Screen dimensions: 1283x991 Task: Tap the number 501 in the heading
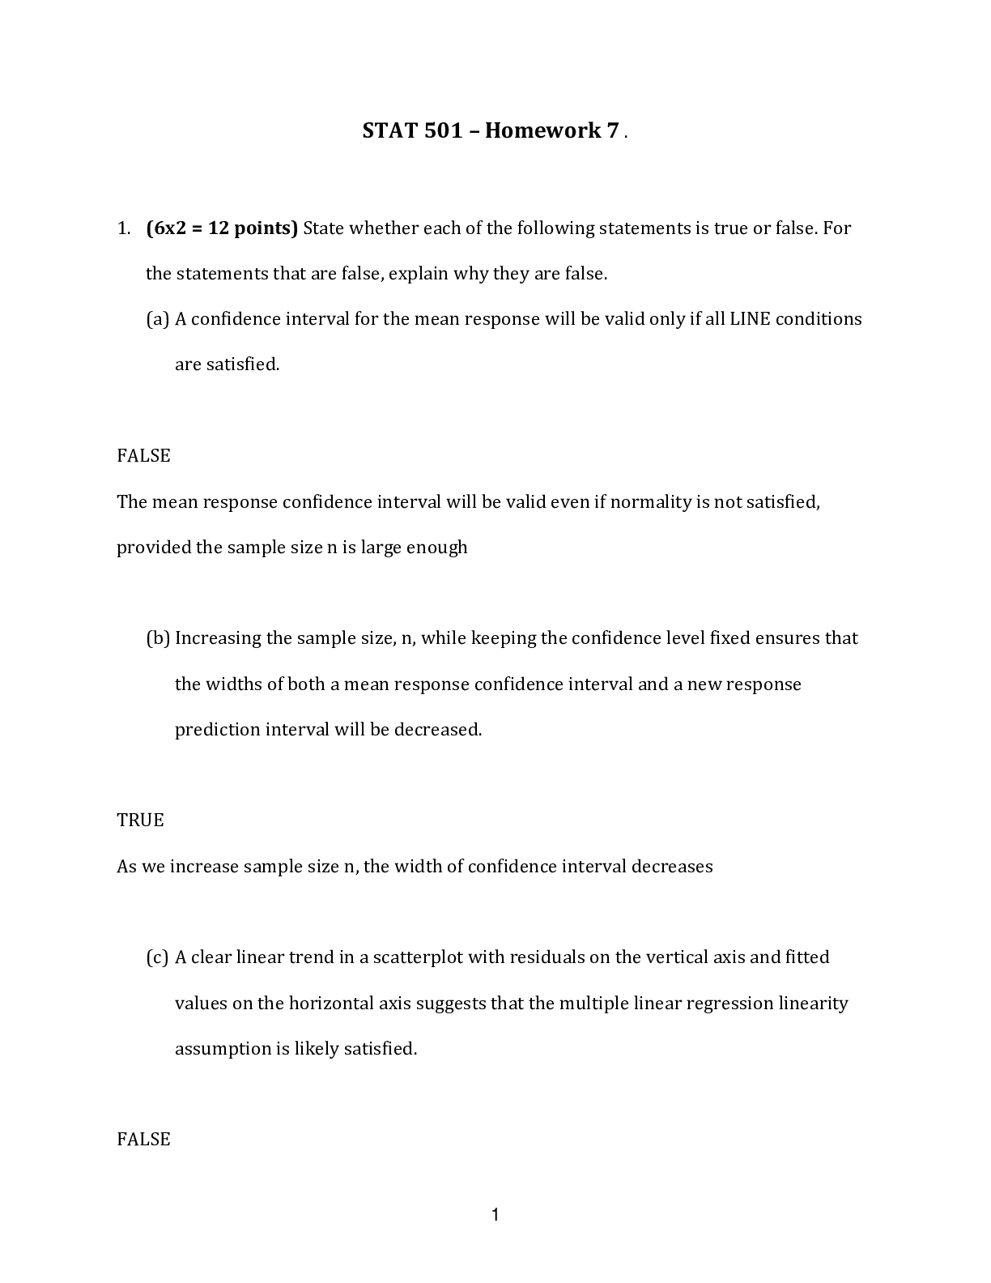click(x=442, y=130)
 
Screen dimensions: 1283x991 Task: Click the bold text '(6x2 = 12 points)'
click(x=222, y=228)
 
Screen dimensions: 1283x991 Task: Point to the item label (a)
click(x=157, y=318)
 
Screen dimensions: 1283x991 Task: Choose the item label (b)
click(x=158, y=637)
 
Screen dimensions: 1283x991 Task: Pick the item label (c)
click(x=157, y=957)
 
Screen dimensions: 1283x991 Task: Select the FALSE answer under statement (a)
click(x=143, y=455)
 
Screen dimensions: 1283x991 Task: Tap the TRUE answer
click(x=140, y=820)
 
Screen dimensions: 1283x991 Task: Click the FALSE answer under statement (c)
click(x=143, y=1139)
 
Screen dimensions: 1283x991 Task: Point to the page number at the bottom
click(x=495, y=1214)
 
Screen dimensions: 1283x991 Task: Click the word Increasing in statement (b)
click(x=218, y=637)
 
